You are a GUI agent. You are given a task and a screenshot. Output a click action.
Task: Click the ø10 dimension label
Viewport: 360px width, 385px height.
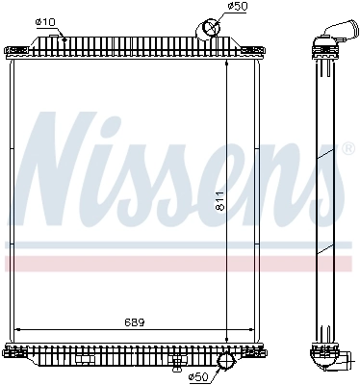44,22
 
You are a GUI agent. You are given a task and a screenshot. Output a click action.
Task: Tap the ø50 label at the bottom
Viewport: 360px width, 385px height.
198,376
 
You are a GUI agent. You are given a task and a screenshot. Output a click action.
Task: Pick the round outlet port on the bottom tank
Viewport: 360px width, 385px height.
226,362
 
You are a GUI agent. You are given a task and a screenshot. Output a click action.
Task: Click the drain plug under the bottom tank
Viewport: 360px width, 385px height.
176,362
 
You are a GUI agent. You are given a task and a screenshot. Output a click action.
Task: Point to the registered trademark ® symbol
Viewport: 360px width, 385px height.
347,149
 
